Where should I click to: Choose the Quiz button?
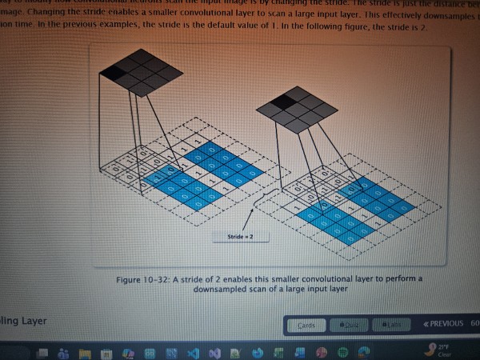click(350, 325)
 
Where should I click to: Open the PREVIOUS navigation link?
click(442, 324)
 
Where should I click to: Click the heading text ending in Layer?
click(24, 321)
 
